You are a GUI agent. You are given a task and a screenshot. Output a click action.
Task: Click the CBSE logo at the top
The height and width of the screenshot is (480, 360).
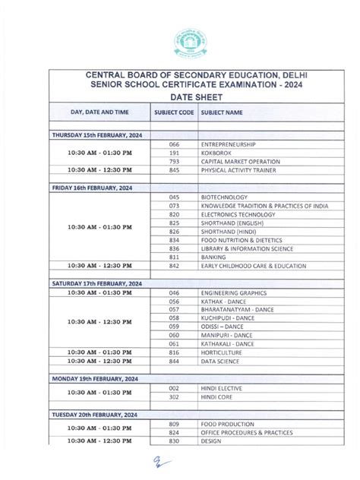tap(179, 38)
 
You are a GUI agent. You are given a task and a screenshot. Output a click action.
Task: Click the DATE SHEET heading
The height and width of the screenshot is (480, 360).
tap(179, 98)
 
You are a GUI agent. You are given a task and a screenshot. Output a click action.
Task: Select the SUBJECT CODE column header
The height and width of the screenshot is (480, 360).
tap(174, 112)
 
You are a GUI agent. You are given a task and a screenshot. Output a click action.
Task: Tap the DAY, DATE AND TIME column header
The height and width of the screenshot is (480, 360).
tap(99, 112)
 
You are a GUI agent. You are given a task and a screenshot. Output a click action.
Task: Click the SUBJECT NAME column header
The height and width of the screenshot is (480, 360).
tap(222, 112)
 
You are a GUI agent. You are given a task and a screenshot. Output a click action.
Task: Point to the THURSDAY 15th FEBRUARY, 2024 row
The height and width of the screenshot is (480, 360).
tap(96, 134)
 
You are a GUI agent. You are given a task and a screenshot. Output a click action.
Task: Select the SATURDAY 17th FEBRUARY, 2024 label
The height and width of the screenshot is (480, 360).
tap(96, 283)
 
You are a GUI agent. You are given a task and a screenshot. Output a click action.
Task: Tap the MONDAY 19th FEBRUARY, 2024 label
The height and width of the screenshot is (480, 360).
tap(94, 377)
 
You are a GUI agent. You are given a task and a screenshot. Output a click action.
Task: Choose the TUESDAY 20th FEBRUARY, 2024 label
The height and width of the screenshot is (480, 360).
tap(95, 415)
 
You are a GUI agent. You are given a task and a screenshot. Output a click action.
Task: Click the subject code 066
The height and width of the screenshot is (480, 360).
tap(174, 144)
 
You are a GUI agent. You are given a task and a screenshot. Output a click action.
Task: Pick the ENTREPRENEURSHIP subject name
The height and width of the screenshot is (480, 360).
tap(228, 144)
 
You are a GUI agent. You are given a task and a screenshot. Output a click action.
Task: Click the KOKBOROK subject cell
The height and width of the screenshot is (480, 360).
tap(219, 153)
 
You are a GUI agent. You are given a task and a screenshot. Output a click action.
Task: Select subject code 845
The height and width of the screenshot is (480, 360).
tap(174, 170)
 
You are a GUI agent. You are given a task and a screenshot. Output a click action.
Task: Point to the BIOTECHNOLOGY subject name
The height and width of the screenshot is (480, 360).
tap(224, 196)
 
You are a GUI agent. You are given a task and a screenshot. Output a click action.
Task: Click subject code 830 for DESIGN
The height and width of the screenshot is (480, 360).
tap(174, 441)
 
